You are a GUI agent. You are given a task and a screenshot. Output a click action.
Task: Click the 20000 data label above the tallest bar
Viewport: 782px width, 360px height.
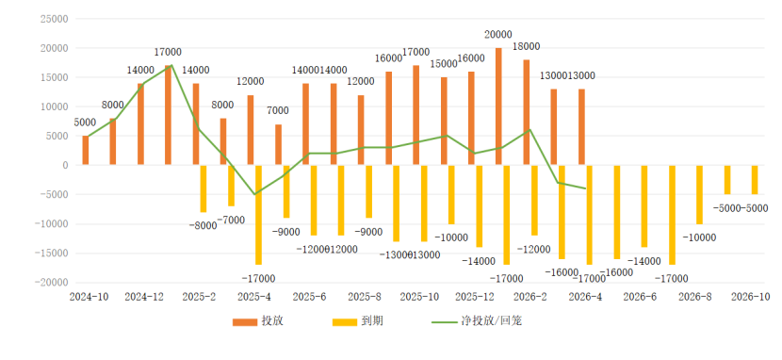click(x=497, y=35)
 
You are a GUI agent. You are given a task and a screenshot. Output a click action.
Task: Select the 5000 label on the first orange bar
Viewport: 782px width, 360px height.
click(x=85, y=123)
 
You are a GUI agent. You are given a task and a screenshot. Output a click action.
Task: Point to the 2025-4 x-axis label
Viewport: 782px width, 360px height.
click(x=253, y=296)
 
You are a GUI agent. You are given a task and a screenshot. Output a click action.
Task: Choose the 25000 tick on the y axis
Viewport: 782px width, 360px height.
click(x=56, y=19)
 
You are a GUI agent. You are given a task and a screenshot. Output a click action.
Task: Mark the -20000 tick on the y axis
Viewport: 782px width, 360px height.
click(x=53, y=282)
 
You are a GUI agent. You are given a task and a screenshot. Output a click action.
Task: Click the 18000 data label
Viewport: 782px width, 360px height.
click(x=526, y=47)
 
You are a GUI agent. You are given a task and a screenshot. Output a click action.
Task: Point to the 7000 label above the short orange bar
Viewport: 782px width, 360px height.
click(x=278, y=111)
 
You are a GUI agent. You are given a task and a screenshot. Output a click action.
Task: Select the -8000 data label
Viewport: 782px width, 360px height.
click(x=203, y=225)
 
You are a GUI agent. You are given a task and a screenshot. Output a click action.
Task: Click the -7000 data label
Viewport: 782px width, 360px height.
click(x=230, y=220)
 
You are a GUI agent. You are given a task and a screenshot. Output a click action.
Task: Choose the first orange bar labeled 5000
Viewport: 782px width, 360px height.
click(x=86, y=151)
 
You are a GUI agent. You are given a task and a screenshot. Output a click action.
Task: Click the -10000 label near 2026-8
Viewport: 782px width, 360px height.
click(x=698, y=237)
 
